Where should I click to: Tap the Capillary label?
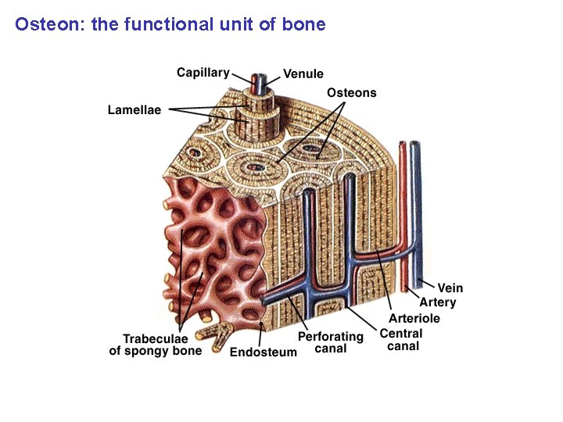pos(203,73)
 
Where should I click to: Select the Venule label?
pos(303,74)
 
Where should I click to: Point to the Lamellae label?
pos(134,110)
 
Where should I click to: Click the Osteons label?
pos(351,93)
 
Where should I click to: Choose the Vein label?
pos(450,288)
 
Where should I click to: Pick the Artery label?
pos(437,302)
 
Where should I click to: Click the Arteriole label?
pos(414,318)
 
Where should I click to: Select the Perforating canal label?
pos(330,342)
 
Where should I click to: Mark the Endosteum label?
pos(263,352)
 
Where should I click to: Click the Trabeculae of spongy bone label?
pos(155,345)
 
